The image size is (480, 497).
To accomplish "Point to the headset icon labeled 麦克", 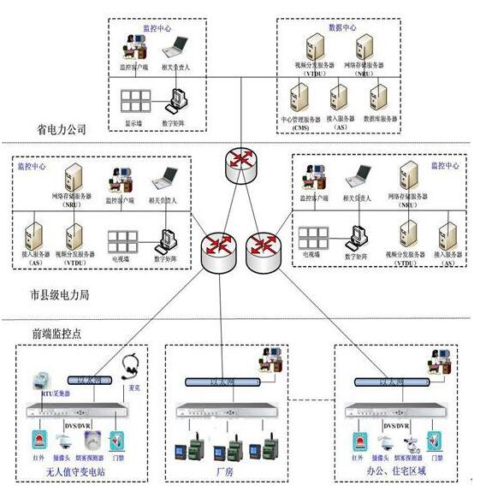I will (x=131, y=365).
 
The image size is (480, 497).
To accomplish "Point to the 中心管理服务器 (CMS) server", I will (x=298, y=93).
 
